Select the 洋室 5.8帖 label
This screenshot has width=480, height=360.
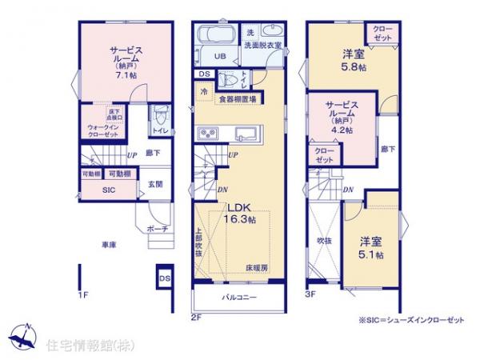354,61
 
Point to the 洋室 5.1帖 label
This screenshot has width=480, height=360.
370,248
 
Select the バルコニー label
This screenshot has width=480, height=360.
239,297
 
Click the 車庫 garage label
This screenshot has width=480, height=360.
110,245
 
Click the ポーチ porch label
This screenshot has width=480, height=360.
157,229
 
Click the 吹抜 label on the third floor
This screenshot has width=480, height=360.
323,239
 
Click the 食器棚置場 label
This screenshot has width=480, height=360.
237,99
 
